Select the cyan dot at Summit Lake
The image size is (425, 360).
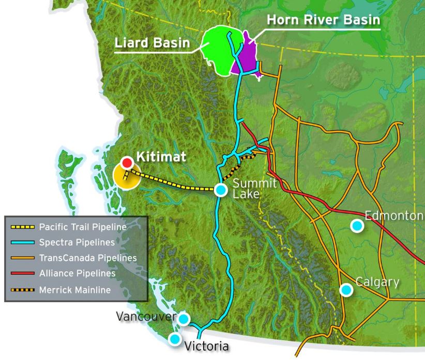(221, 190)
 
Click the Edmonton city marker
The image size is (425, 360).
(356, 225)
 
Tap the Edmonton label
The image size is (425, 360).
(394, 215)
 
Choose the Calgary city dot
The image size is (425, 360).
(346, 290)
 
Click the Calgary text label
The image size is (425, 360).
(377, 282)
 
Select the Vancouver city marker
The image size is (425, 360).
(184, 319)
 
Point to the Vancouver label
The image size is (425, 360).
(146, 316)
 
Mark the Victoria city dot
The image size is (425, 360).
(175, 339)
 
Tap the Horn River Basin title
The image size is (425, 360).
(323, 21)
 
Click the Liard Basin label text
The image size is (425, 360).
(152, 43)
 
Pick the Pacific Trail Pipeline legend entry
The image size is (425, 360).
(83, 226)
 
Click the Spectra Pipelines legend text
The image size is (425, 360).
(77, 242)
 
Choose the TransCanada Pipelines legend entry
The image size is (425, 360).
(88, 257)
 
